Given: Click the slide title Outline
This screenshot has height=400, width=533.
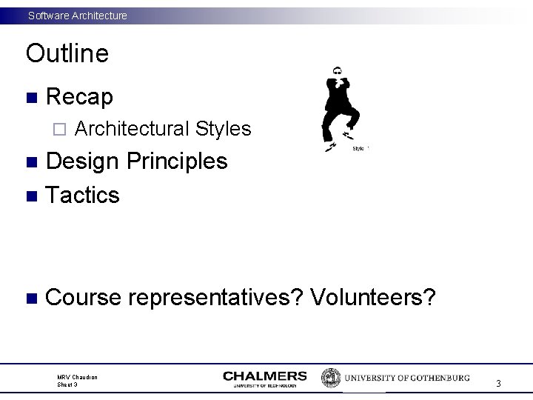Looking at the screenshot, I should (67, 53).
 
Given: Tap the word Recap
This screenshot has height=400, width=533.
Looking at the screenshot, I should (79, 96).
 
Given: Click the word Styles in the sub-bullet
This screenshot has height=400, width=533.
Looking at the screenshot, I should (224, 129).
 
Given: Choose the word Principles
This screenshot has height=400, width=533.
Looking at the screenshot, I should (178, 161).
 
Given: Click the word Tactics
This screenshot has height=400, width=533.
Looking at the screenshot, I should (82, 195).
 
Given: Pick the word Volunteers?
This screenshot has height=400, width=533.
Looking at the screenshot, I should (373, 297).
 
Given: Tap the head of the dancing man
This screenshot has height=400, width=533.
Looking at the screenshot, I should (338, 71).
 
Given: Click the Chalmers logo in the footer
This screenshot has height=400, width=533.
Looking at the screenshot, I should (264, 379).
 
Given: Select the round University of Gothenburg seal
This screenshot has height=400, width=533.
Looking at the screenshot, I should (330, 378).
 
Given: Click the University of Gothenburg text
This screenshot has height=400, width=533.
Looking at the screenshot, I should (406, 378).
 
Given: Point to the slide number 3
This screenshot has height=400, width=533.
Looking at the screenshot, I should (498, 383).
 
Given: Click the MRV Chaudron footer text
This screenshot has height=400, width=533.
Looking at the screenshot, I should (77, 377).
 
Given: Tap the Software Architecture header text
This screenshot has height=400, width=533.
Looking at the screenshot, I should (77, 15).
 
